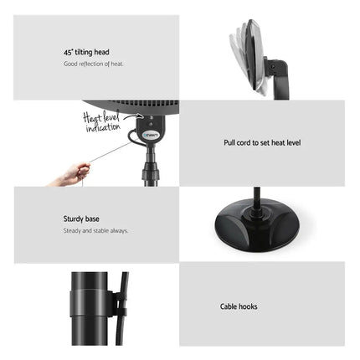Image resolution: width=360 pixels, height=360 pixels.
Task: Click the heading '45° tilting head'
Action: coord(86,52)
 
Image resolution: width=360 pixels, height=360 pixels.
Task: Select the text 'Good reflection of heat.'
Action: coord(94,64)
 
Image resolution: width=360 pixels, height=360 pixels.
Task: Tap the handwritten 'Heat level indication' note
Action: coord(102,123)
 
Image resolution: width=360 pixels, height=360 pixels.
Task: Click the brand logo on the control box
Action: coord(151,133)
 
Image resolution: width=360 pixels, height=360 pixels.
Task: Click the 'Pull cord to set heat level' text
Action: coord(262,143)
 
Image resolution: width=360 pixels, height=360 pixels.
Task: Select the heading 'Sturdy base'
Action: coord(82,219)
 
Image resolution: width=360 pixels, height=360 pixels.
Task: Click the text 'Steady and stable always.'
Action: coord(96,230)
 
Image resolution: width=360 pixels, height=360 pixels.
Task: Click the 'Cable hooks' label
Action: coord(239,307)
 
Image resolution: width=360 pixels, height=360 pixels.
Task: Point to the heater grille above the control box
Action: coord(142,107)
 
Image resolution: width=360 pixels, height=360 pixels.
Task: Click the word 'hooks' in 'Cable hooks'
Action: coord(248,307)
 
